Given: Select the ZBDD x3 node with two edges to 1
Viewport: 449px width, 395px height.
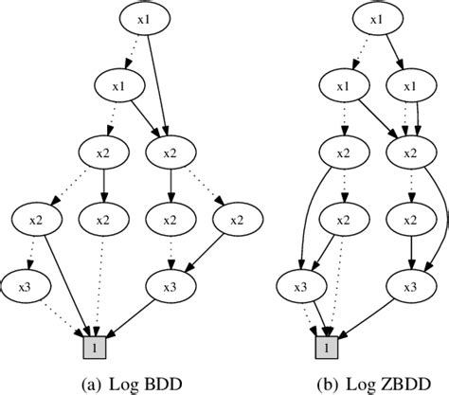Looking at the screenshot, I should click(302, 284).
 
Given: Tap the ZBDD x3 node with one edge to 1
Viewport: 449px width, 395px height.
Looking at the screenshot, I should click(410, 284).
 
